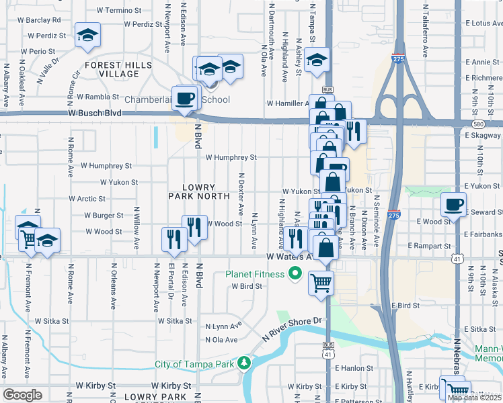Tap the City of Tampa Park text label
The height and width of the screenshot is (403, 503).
195,364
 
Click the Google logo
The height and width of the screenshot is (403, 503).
22,395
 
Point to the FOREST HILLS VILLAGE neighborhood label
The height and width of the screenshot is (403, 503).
112,70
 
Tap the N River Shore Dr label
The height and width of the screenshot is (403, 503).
296,326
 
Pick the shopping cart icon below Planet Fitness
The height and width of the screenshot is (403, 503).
321,282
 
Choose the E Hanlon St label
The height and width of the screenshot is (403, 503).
362,367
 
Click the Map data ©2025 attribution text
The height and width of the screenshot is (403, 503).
474,398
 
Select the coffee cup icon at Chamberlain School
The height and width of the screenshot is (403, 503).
184,98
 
